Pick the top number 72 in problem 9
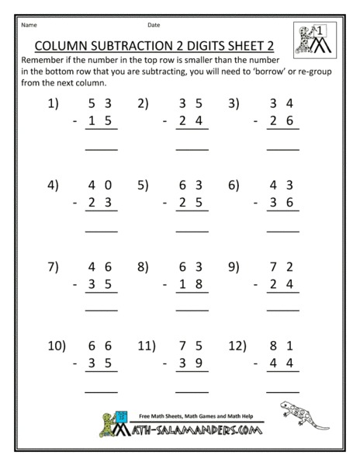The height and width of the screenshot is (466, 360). point(282,267)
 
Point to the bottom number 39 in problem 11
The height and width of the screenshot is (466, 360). point(192,363)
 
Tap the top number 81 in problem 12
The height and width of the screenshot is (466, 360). point(282,345)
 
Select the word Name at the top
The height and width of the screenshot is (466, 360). point(29,24)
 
